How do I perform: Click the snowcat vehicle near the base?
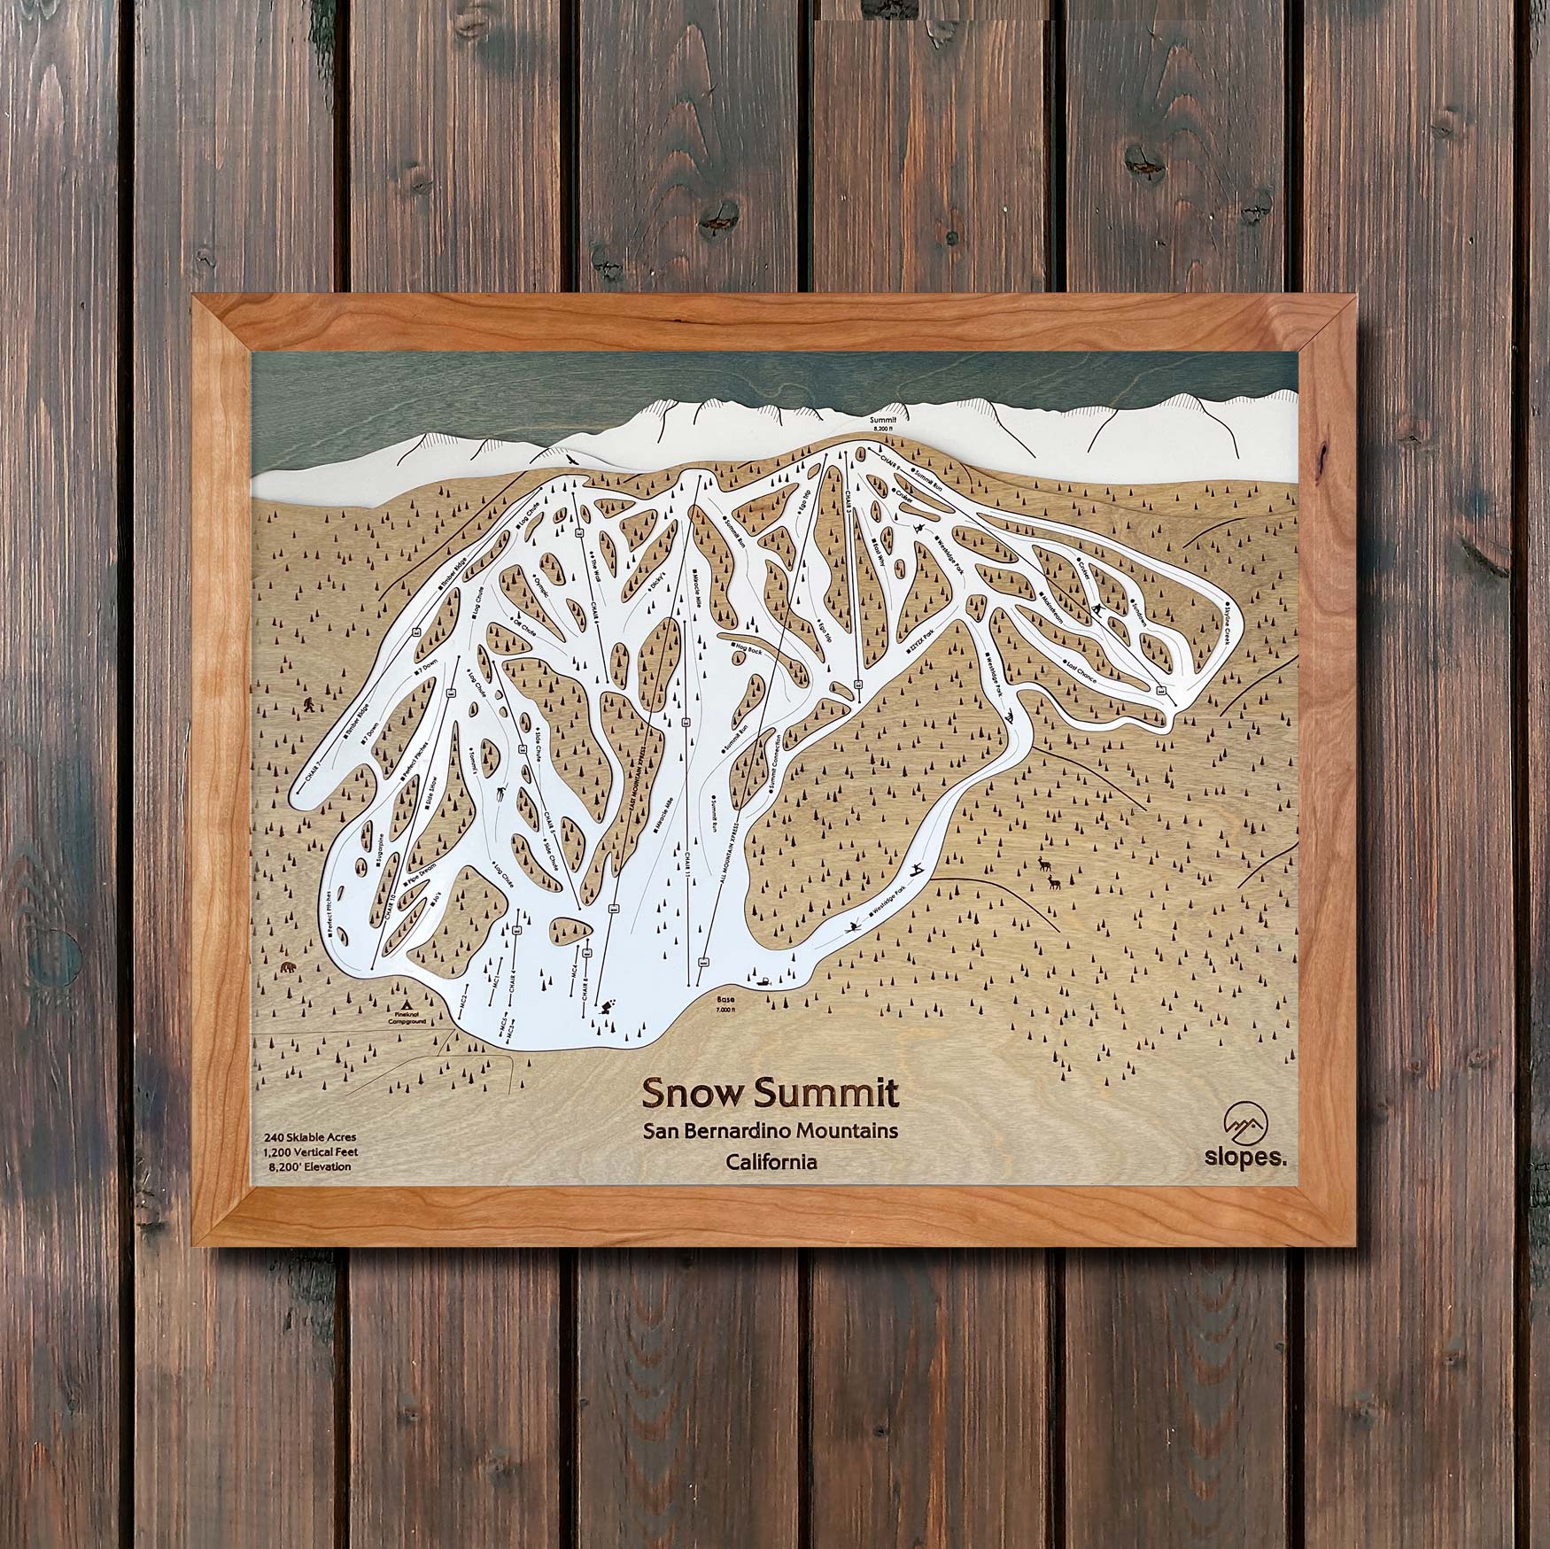coord(761,982)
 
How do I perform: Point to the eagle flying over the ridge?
coord(566,459)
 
